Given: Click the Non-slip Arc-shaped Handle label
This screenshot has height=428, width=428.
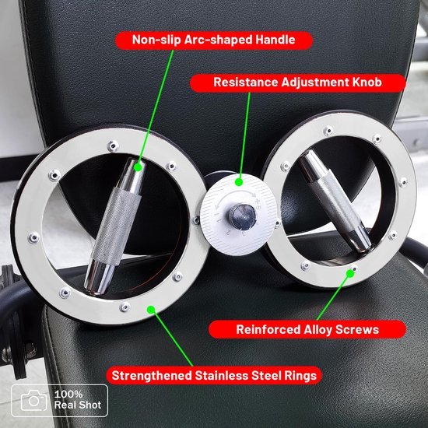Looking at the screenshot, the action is pyautogui.click(x=214, y=40).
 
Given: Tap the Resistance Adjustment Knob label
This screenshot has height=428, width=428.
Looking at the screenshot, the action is pyautogui.click(x=298, y=82).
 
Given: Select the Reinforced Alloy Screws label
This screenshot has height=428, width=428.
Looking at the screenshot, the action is pyautogui.click(x=307, y=329).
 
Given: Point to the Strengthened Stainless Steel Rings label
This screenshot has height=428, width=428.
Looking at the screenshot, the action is pyautogui.click(x=214, y=376).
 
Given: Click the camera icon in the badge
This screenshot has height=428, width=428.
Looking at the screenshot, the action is pyautogui.click(x=33, y=401).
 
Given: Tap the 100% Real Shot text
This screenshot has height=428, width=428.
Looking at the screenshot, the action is pyautogui.click(x=78, y=400).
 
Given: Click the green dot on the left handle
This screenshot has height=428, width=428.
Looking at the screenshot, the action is pyautogui.click(x=139, y=167).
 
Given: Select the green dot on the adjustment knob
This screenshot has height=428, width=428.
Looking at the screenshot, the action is pyautogui.click(x=239, y=182).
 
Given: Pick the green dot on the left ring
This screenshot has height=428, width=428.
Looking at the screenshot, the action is pyautogui.click(x=151, y=310).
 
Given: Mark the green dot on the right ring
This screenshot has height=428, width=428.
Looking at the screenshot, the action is pyautogui.click(x=350, y=273).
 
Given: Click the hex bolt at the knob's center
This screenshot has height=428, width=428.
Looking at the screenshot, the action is pyautogui.click(x=242, y=217).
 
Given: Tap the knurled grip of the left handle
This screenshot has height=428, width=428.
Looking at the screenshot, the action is pyautogui.click(x=117, y=226).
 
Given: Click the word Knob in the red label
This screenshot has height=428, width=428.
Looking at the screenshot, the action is pyautogui.click(x=367, y=82).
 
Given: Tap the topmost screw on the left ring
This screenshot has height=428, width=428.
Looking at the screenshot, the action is pyautogui.click(x=113, y=146).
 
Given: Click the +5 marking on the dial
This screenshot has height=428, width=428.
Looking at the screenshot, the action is pyautogui.click(x=258, y=203).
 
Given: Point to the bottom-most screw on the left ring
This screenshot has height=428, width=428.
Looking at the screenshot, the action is pyautogui.click(x=125, y=307).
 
